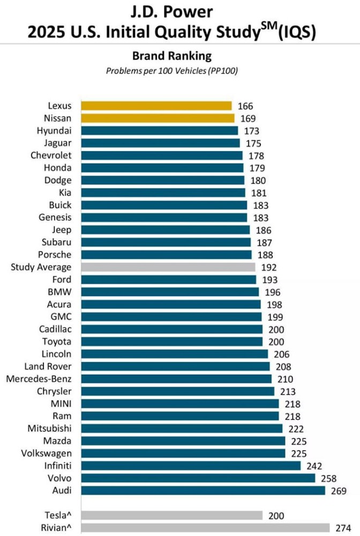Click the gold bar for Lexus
[x=156, y=106]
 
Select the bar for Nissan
[x=157, y=118]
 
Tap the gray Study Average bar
[x=168, y=267]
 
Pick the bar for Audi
[x=202, y=490]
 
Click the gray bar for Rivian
[x=205, y=527]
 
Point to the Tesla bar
[x=171, y=515]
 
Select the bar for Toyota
[x=171, y=341]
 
